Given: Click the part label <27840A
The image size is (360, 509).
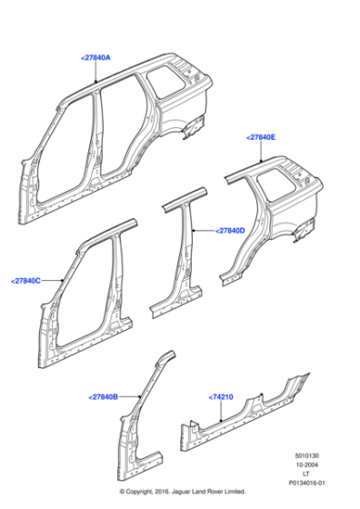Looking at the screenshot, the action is (x=95, y=57).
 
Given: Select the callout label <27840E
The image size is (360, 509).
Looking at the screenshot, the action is (x=260, y=136).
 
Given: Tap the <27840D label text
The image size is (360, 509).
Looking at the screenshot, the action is (x=230, y=230).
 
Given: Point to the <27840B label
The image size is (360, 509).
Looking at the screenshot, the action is (x=105, y=396).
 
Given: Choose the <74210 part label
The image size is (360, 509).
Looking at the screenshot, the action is (x=222, y=397).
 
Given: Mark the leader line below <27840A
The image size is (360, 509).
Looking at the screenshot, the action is (x=97, y=73).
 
